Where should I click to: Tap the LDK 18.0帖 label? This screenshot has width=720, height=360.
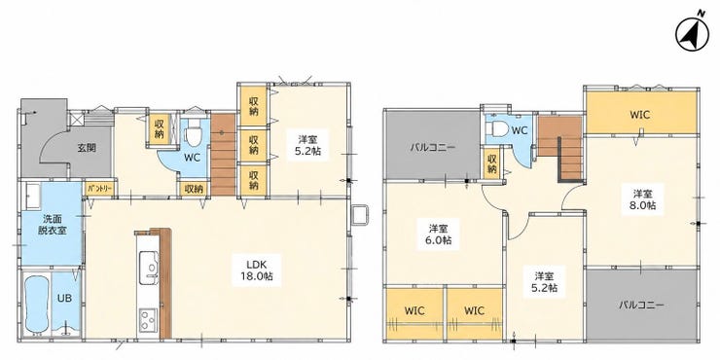(x=256, y=270)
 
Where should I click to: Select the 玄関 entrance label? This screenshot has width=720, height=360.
(x=87, y=148)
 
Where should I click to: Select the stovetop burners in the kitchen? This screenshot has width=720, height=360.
(x=148, y=319)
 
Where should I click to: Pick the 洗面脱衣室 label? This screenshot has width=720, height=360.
(x=52, y=225)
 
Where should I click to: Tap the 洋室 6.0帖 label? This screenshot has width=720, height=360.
(x=438, y=234)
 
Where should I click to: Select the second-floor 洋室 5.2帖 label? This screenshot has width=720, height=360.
(x=546, y=282)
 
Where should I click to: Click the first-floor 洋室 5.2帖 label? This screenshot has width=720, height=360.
(x=308, y=145)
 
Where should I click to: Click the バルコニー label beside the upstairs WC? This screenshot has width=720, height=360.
(x=432, y=148)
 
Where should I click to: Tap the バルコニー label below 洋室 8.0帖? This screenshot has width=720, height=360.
(x=641, y=305)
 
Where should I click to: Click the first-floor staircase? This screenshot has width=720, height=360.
(x=223, y=155)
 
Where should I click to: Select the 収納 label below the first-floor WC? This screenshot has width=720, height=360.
(x=194, y=189)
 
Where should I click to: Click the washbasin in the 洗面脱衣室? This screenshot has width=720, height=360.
(x=33, y=197)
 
